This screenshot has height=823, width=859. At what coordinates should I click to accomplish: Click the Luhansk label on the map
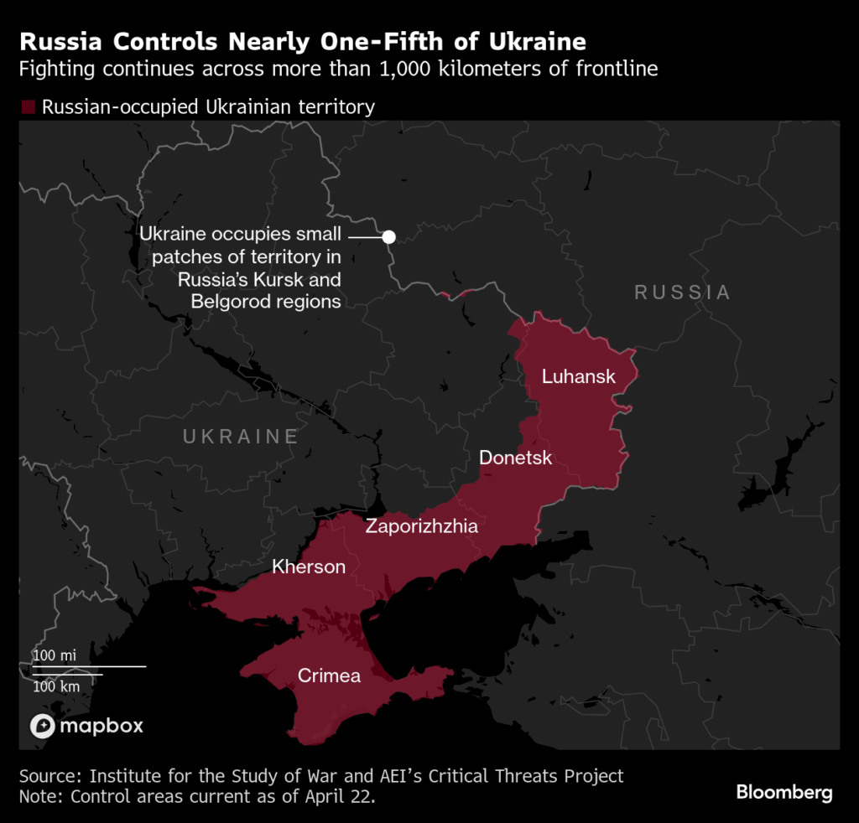[578, 376]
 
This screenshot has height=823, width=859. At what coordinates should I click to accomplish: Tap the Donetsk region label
[515, 458]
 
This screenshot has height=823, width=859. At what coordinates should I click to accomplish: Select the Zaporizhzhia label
[421, 526]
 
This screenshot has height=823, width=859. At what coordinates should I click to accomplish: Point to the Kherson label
[309, 567]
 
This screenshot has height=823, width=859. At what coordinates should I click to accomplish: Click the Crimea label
[329, 675]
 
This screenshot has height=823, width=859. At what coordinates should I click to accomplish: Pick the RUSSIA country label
[682, 292]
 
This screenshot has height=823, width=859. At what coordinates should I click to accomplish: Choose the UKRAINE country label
[241, 436]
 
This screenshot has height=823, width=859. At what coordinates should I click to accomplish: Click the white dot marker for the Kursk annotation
[388, 237]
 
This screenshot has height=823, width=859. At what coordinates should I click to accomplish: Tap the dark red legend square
[28, 107]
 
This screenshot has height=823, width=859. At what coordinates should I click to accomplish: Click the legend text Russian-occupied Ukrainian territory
[208, 107]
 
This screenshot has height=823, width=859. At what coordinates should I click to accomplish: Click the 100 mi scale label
[55, 655]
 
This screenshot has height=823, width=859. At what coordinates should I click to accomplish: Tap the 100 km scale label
[56, 686]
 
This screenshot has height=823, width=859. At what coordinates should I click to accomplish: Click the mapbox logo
[86, 726]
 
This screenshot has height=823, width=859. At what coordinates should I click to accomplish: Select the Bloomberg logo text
[784, 791]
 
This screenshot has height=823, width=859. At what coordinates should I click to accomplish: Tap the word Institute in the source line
[128, 776]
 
